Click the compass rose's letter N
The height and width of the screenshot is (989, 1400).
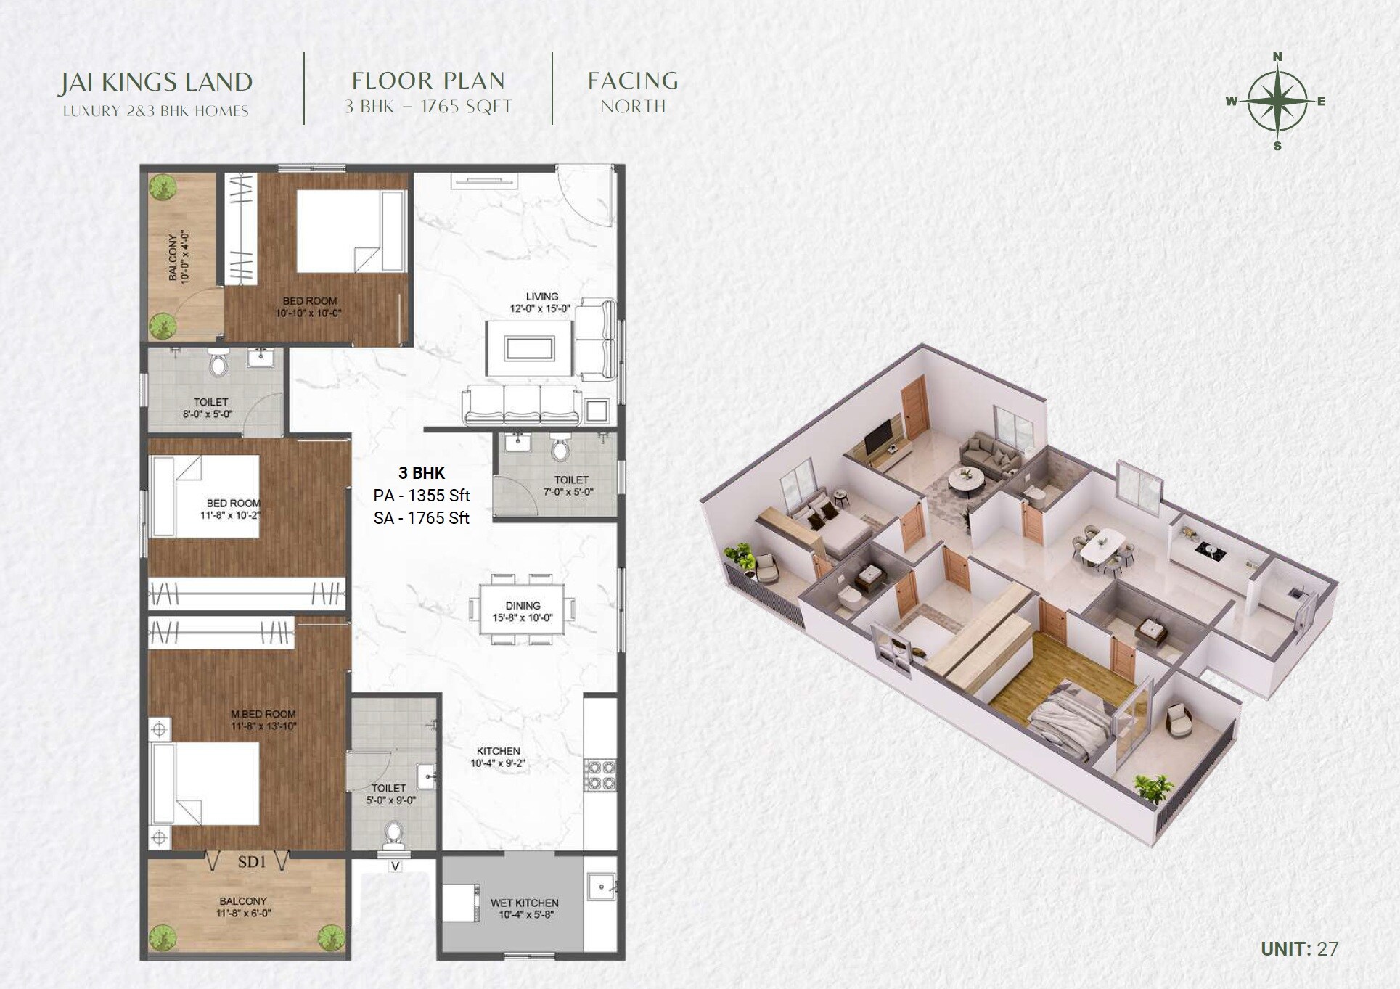pos(1277,57)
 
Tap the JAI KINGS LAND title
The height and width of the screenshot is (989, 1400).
pos(155,82)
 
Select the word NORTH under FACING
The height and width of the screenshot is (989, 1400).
pos(633,107)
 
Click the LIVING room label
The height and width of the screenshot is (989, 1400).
pos(541,297)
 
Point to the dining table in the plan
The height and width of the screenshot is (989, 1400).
pos(522,610)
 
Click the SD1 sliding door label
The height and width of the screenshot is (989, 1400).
pos(251,862)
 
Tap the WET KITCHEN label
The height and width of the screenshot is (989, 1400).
pos(524,903)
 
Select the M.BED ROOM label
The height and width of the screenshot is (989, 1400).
pos(263,714)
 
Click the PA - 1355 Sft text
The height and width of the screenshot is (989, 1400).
pos(422,496)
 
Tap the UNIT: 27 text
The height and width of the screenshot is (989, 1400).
pos(1298,948)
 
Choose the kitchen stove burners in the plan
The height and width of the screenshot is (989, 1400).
pos(600,775)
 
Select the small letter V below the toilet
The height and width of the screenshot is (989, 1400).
pos(395,866)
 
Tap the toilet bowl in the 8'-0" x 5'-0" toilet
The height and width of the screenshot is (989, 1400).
pos(218,364)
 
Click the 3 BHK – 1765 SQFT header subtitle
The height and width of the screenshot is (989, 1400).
pos(428,107)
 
